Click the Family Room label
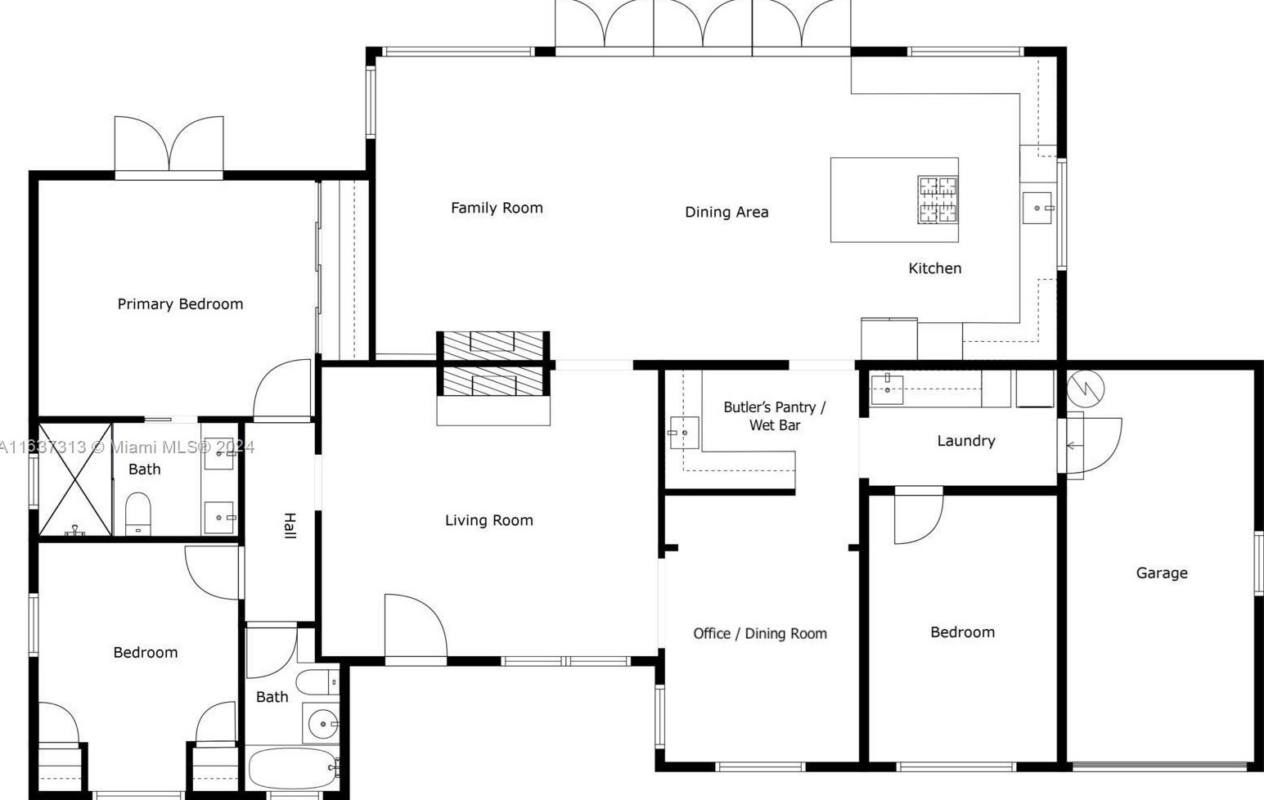click(x=497, y=208)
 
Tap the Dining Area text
click(x=726, y=212)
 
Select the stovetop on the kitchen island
click(x=937, y=200)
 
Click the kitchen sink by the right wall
click(x=1037, y=208)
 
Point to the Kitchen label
click(x=934, y=268)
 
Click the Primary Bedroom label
click(x=180, y=304)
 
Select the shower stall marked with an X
click(x=75, y=479)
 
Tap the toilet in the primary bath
click(x=138, y=513)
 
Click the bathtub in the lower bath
click(x=293, y=768)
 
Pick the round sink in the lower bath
click(x=323, y=724)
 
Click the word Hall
click(x=290, y=525)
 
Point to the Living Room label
click(x=488, y=520)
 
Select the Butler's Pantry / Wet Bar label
click(x=774, y=416)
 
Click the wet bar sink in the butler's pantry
click(x=684, y=432)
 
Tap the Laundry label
click(x=965, y=441)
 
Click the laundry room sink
click(x=887, y=389)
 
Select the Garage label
click(x=1161, y=573)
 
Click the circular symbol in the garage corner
click(x=1086, y=388)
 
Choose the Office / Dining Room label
click(x=759, y=634)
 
